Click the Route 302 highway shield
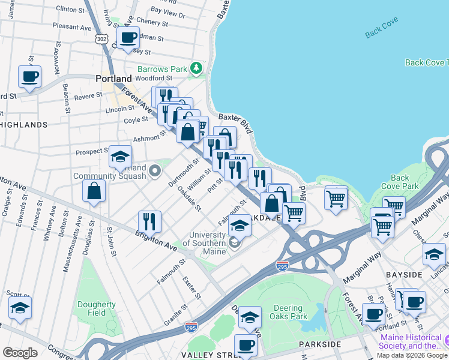point(100,38)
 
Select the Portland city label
point(113,79)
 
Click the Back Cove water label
point(381,31)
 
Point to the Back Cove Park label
point(400,182)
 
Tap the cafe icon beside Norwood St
point(29,77)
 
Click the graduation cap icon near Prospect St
point(120,157)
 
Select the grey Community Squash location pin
point(155,172)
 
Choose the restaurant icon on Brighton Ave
point(149,221)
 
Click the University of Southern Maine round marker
point(234,242)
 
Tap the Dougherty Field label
point(97,308)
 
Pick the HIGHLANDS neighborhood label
point(23,125)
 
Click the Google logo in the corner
point(20,353)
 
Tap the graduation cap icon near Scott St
point(20,308)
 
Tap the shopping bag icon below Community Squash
point(94,191)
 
